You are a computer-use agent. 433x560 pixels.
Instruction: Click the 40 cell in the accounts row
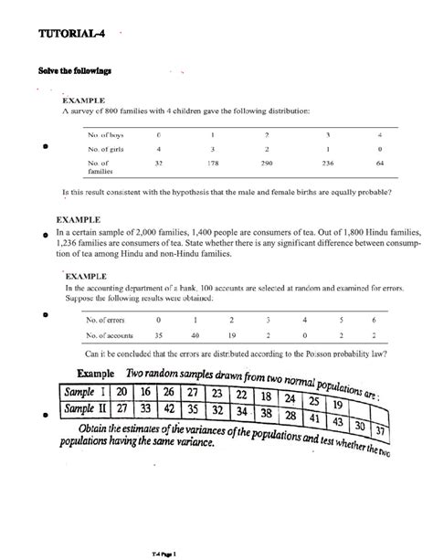[195, 335]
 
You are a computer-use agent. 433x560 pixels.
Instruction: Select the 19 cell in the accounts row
[231, 335]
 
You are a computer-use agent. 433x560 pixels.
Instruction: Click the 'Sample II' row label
[89, 409]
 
